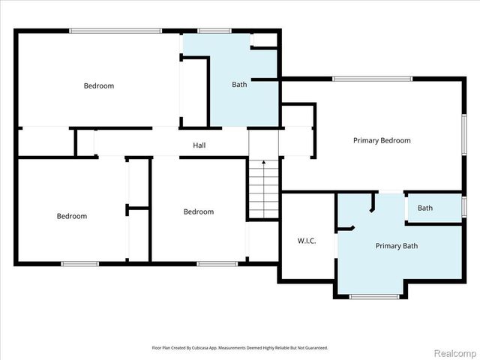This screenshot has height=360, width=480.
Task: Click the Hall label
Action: tap(199, 145)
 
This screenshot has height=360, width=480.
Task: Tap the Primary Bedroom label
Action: tap(382, 140)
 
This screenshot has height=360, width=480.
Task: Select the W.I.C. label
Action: tap(307, 241)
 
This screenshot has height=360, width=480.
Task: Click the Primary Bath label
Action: tap(397, 246)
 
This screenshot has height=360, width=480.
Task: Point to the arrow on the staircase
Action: tap(264, 188)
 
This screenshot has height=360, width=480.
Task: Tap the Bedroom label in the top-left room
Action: tap(99, 85)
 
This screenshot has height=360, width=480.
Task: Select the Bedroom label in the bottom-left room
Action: tap(72, 216)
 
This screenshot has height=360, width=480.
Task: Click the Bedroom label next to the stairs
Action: tap(199, 211)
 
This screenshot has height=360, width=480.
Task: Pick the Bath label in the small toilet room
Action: tap(425, 208)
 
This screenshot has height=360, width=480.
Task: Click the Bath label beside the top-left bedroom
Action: tap(239, 85)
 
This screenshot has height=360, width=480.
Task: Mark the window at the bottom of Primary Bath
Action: tap(374, 296)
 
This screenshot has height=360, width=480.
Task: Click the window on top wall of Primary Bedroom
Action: tap(372, 79)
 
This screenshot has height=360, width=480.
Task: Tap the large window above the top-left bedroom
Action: tap(115, 31)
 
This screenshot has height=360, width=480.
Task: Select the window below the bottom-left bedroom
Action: tap(80, 264)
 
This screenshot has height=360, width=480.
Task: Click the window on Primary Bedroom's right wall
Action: tap(464, 135)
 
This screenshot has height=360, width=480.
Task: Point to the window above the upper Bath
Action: tap(214, 31)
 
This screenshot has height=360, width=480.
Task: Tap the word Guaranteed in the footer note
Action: tap(318, 348)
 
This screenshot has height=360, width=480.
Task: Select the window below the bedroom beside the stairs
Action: tap(217, 264)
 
